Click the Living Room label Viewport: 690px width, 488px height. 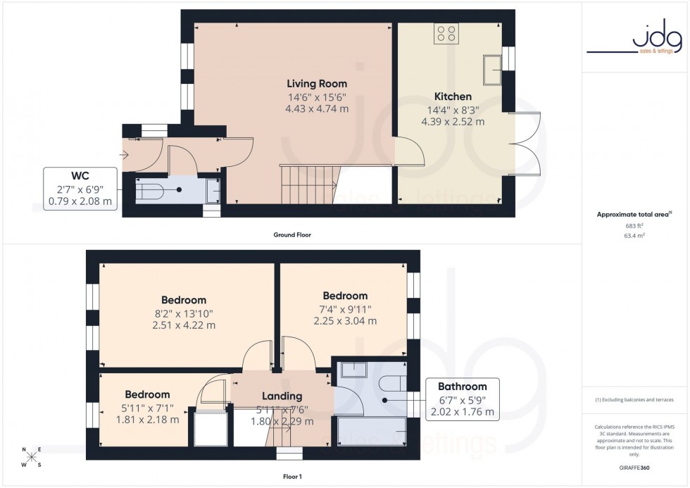tap(316, 84)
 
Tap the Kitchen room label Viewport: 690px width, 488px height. tap(453, 96)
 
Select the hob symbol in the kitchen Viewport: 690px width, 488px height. tap(445, 34)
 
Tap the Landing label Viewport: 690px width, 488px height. tap(282, 396)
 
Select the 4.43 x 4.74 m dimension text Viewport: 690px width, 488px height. tap(316, 109)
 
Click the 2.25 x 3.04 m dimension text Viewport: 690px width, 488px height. tap(345, 321)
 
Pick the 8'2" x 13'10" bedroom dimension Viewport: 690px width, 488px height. tap(183, 313)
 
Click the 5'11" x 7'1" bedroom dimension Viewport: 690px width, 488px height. tap(148, 407)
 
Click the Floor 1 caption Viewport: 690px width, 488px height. tap(291, 477)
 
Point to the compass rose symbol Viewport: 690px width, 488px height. tap(32, 457)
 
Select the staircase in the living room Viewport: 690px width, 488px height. tap(308, 182)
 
